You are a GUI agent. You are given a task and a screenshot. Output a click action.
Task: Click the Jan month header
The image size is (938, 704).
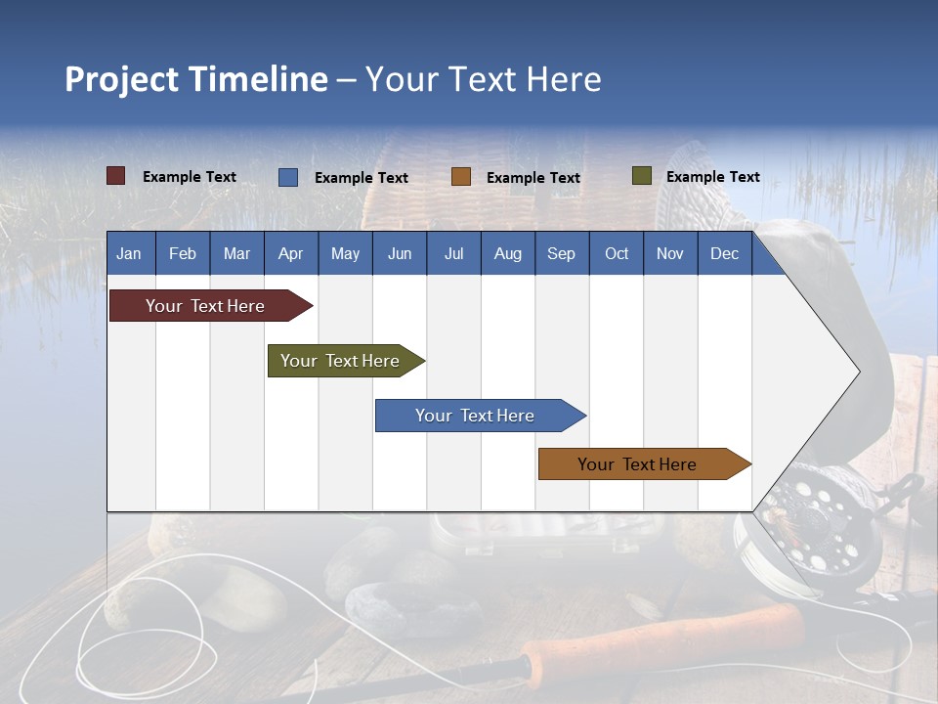(x=129, y=253)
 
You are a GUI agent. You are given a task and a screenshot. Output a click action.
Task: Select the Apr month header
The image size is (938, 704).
(x=290, y=253)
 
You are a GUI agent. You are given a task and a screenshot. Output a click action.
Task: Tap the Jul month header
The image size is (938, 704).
(x=453, y=253)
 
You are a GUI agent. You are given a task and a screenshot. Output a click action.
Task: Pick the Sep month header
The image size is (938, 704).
(x=561, y=253)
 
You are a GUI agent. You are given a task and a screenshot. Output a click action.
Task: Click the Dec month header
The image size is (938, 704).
(x=724, y=253)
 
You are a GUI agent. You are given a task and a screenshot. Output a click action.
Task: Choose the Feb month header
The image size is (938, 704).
(x=183, y=253)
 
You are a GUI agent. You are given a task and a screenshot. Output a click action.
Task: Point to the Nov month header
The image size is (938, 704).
(x=669, y=253)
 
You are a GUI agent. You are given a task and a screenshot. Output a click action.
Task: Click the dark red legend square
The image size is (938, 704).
(x=116, y=176)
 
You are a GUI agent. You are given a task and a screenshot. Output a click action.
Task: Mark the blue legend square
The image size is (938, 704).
(x=288, y=177)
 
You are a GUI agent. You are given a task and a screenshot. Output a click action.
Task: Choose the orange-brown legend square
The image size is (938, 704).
(x=461, y=177)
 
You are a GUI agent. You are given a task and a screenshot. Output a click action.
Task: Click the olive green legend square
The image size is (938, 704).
(x=642, y=176)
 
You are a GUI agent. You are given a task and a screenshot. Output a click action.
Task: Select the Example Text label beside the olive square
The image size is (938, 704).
(x=712, y=177)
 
